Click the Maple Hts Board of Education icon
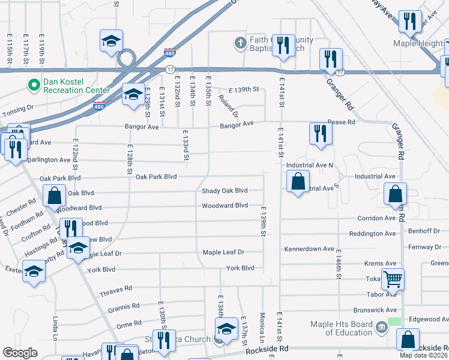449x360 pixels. click(x=381, y=327)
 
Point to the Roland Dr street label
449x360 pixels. click(x=229, y=106)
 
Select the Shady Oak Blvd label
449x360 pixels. click(x=224, y=191)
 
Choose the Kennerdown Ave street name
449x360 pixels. click(x=309, y=248)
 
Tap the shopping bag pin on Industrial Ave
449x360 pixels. click(x=298, y=181)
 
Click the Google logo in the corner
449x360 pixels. click(x=20, y=353)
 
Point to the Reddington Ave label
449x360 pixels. click(x=373, y=233)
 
